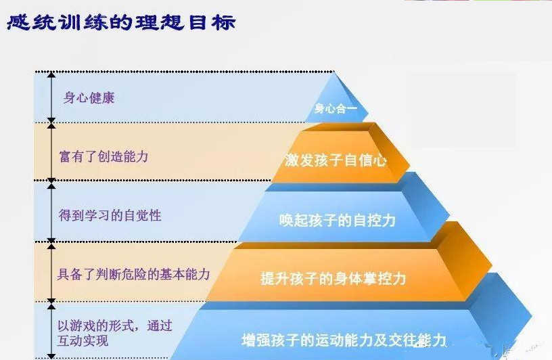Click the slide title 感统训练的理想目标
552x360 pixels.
point(121,22)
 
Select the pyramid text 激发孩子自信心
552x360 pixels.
point(336,160)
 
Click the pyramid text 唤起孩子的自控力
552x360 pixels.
point(337,220)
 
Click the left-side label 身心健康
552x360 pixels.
point(89,97)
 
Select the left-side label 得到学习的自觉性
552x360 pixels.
point(110,216)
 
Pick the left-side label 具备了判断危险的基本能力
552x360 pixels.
point(133,274)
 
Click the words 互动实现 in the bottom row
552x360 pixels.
point(83,340)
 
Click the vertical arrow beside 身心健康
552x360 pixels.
point(51,97)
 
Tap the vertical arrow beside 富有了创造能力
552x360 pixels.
point(51,152)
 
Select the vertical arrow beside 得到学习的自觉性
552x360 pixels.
point(51,212)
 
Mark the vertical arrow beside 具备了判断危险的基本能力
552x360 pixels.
point(51,272)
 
